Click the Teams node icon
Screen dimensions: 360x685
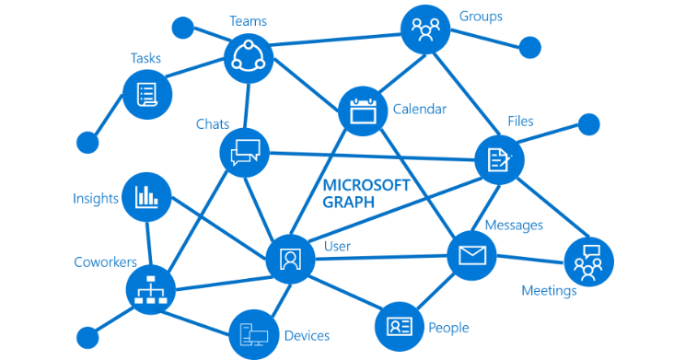[250, 58]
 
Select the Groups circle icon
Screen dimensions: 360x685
[424, 30]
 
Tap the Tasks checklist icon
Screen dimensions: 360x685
[147, 94]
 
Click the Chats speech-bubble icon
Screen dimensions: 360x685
[245, 151]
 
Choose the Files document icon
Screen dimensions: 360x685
[499, 159]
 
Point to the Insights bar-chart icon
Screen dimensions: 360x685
[146, 195]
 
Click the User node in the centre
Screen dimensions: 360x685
[291, 258]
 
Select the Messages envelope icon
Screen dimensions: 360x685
[471, 255]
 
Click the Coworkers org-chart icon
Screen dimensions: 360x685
[149, 288]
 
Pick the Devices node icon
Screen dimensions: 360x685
[252, 334]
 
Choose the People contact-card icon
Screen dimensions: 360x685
[399, 326]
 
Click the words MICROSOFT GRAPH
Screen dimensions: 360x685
[365, 193]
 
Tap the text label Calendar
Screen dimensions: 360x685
[420, 110]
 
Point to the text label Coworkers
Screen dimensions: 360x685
[105, 262]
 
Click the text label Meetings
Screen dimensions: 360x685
[549, 291]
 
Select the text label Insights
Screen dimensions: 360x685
[96, 198]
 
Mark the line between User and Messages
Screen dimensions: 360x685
[381, 257]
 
